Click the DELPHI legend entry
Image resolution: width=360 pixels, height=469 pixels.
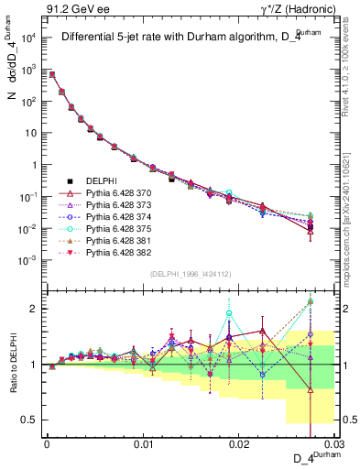[x=101, y=181]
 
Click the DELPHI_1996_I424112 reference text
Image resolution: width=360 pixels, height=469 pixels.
[x=191, y=273]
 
